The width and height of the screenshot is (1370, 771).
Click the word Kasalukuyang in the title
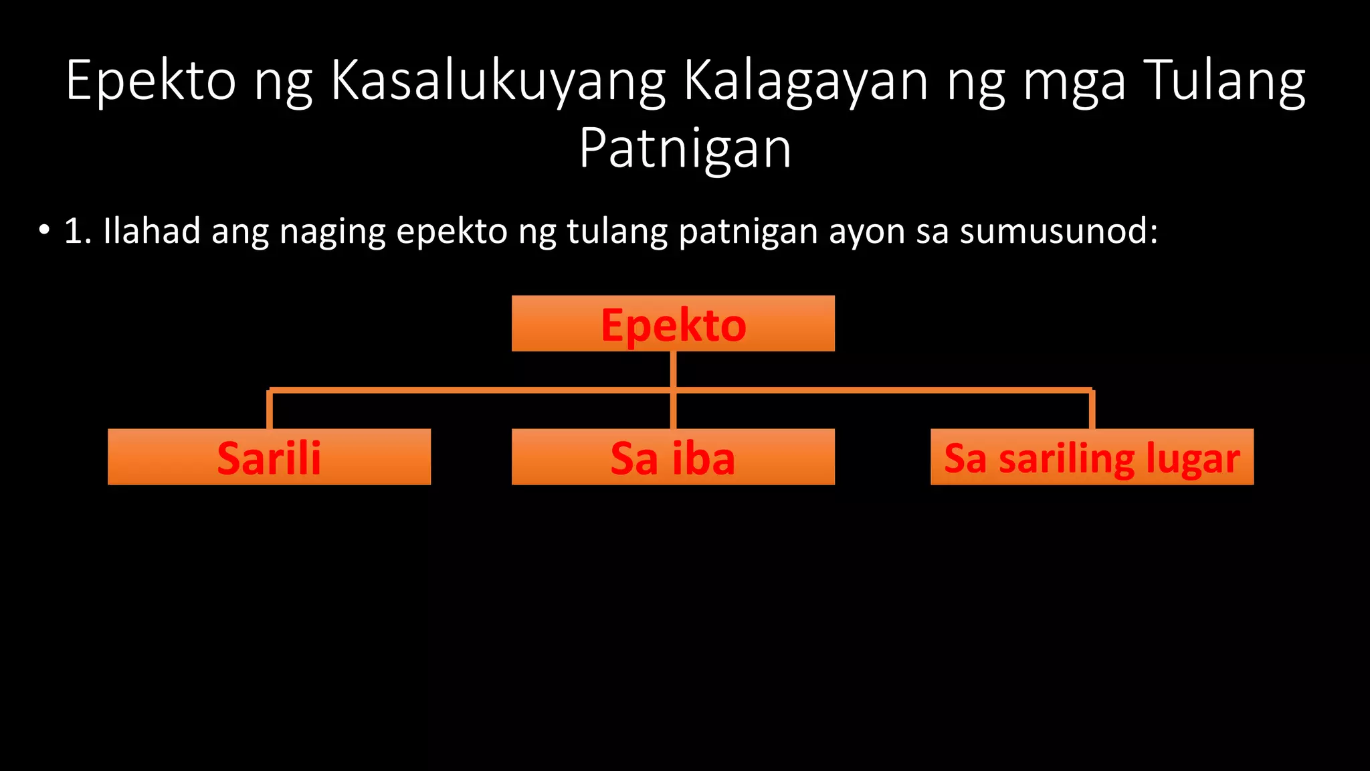point(498,82)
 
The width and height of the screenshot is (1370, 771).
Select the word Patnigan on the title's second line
point(685,149)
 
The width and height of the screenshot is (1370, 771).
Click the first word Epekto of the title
point(151,82)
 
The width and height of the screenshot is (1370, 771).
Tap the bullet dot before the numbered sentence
point(44,231)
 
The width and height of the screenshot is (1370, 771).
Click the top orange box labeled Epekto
point(673,323)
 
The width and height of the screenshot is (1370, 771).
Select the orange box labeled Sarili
point(269,457)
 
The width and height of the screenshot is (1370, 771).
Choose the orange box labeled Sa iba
point(673,457)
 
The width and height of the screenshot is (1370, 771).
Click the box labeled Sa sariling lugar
point(1092,457)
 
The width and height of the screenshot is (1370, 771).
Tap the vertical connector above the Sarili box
point(270,410)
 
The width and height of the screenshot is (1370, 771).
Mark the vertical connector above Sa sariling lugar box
point(1092,410)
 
